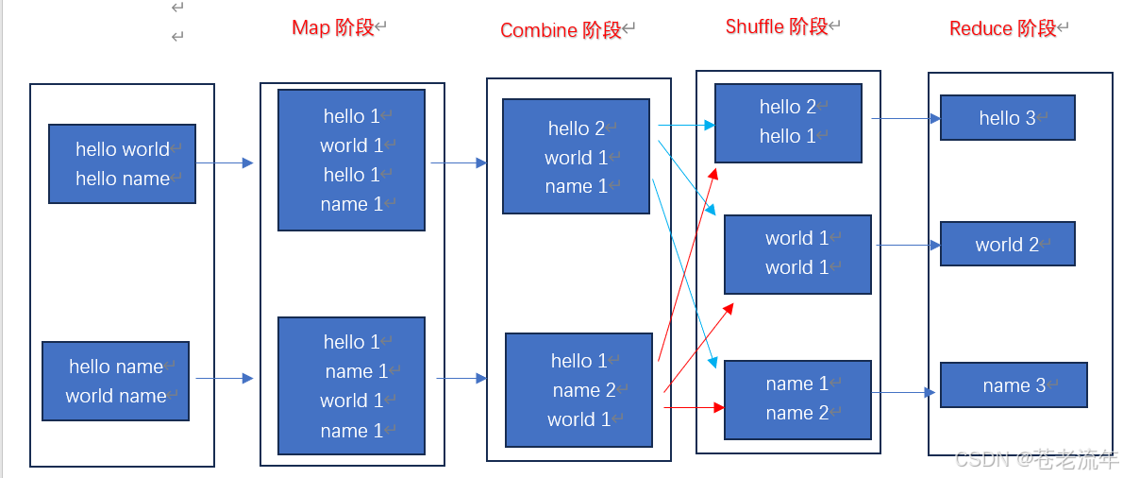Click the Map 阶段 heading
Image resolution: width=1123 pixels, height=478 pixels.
(x=333, y=27)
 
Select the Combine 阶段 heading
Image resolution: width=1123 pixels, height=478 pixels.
(x=561, y=30)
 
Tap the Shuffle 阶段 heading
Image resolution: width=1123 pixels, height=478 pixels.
(x=776, y=26)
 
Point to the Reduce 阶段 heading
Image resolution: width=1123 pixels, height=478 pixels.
(x=1002, y=28)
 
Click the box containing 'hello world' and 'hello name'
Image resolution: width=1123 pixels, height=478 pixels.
(x=122, y=163)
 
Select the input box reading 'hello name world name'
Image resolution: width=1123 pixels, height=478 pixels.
(x=115, y=381)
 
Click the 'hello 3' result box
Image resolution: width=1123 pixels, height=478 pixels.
(x=1007, y=118)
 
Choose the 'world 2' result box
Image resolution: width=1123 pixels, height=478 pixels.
(x=1007, y=245)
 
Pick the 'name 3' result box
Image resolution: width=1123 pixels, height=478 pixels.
(x=1014, y=385)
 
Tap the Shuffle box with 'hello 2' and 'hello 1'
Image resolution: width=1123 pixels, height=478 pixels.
(x=787, y=122)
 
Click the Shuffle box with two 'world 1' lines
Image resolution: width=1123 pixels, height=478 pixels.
(x=796, y=253)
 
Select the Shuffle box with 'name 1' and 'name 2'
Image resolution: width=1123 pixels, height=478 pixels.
(x=796, y=399)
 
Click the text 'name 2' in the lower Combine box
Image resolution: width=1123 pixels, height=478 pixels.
(x=584, y=390)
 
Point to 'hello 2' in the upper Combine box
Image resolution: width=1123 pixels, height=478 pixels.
(x=577, y=128)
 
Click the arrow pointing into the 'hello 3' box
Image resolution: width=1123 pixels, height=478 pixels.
(x=905, y=119)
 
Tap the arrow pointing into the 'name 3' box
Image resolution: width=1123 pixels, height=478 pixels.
(x=905, y=392)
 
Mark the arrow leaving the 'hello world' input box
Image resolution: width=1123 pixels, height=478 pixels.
(x=225, y=163)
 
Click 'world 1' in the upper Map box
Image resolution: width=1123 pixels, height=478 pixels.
(x=351, y=145)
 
